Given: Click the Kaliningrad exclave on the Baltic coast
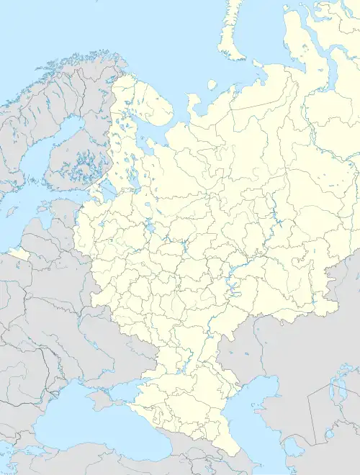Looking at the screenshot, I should pos(19,254).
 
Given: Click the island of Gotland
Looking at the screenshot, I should pos(12,211).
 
